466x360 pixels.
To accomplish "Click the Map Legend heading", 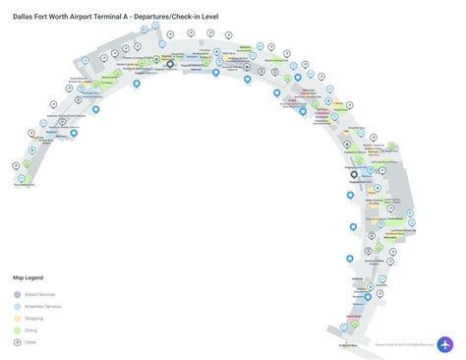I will click(x=29, y=278).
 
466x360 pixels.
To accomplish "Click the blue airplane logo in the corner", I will click(x=445, y=345).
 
